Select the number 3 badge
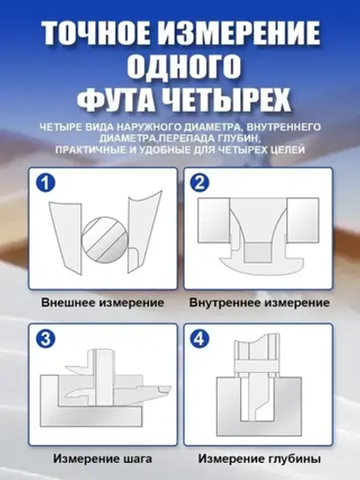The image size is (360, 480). (x=46, y=340)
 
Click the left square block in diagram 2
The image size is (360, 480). (x=214, y=221)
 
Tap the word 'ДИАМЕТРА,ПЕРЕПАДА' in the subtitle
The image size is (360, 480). (x=156, y=138)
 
